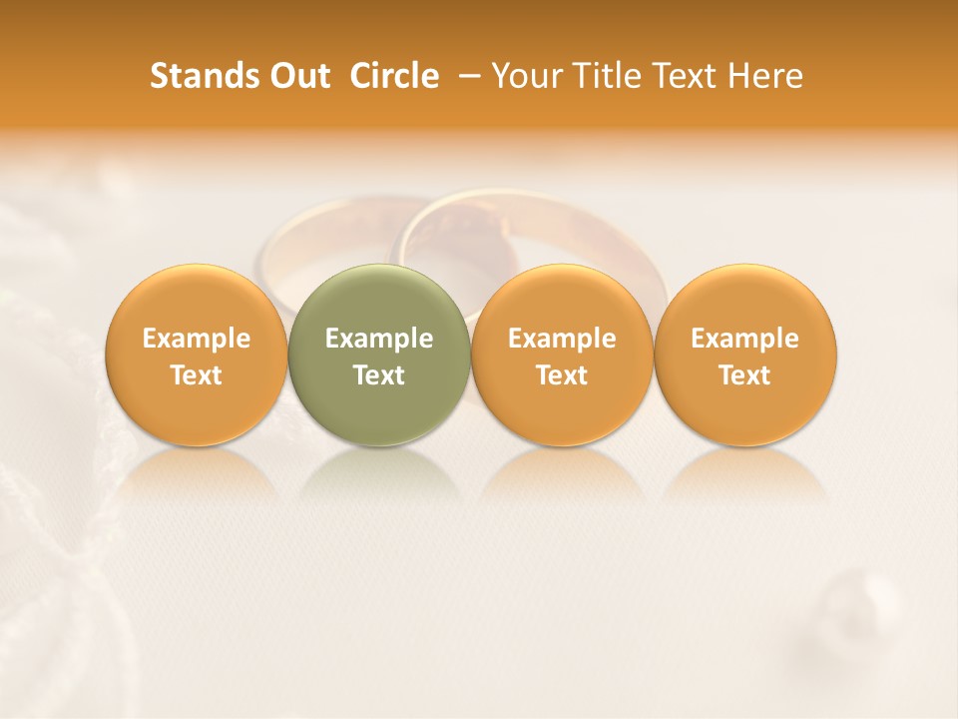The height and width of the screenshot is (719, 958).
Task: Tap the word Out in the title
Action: (297, 76)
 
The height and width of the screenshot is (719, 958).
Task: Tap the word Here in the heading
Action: (765, 76)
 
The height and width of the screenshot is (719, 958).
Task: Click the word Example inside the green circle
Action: (379, 339)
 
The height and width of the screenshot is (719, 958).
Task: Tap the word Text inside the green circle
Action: (379, 375)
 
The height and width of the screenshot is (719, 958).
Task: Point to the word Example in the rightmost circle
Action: (745, 339)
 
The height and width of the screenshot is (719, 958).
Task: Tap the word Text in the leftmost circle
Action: (196, 375)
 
